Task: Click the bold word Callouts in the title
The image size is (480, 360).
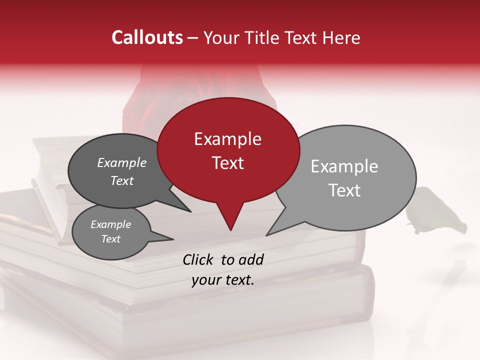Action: [x=147, y=37]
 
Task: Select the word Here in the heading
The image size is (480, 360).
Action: [x=341, y=37]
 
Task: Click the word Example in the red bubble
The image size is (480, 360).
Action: [x=227, y=139]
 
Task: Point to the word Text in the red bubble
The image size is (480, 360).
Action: [x=227, y=163]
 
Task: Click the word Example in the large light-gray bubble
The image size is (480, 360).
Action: [x=344, y=166]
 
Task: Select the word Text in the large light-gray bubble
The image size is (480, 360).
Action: [x=344, y=190]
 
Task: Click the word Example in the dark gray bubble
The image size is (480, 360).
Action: [x=121, y=162]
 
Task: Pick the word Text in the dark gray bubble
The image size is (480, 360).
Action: [x=121, y=180]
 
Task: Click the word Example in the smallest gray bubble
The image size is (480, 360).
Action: [x=110, y=224]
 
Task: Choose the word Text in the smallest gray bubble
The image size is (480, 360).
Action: [x=110, y=239]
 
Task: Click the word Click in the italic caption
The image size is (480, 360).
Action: [x=198, y=259]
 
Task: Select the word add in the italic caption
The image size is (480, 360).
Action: [x=250, y=259]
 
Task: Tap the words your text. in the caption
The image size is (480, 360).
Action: [x=223, y=280]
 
